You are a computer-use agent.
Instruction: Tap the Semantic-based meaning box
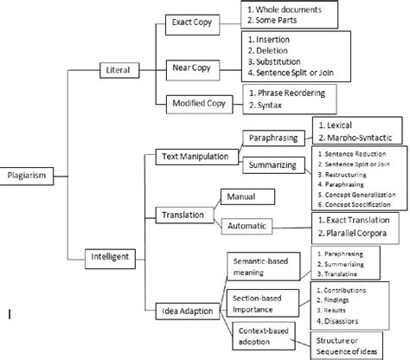264,263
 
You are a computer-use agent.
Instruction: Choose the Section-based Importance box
264,299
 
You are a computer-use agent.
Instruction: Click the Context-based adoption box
265,336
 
